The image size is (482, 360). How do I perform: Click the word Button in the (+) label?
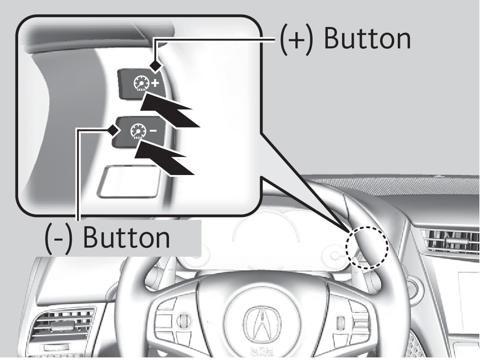click(367, 39)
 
